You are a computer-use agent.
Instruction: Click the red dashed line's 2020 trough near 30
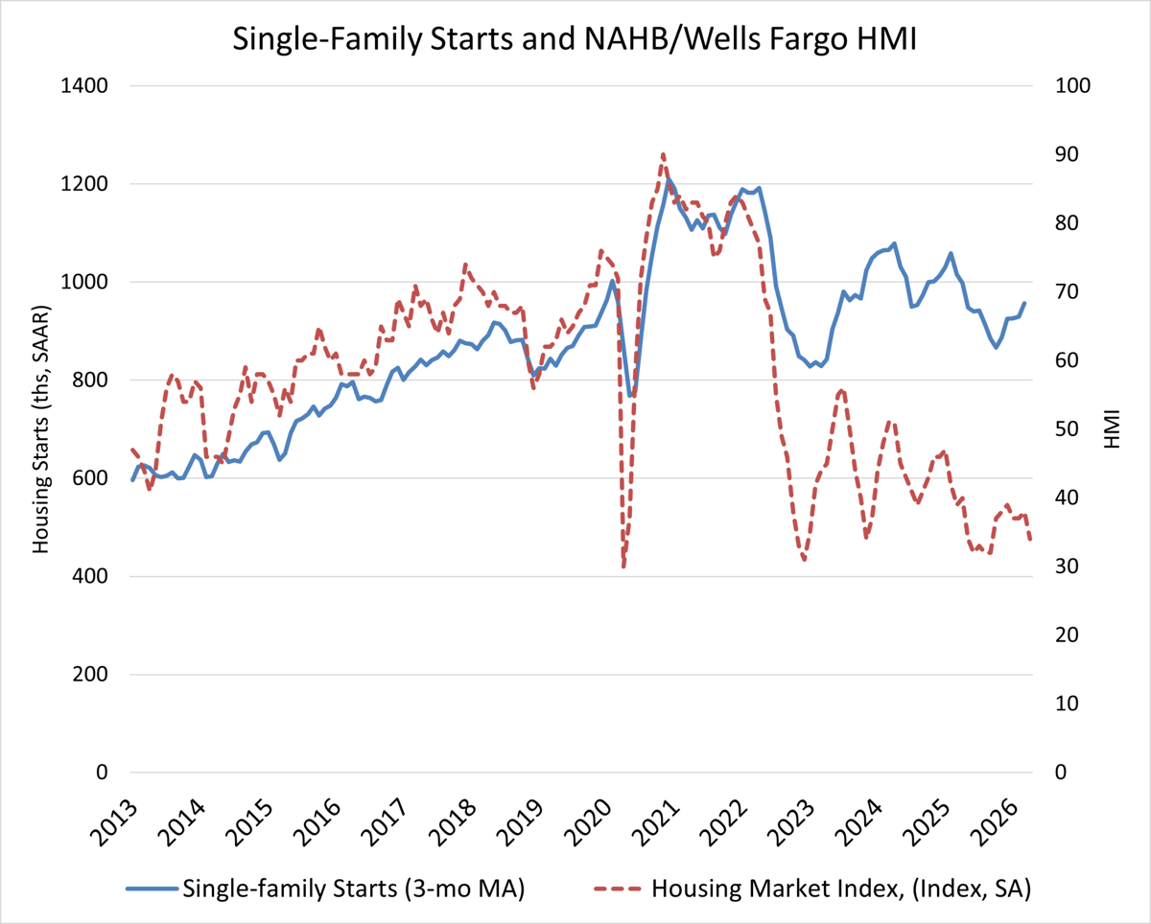(623, 566)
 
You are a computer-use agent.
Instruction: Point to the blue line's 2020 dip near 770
(631, 394)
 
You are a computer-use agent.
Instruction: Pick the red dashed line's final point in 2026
(1030, 540)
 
